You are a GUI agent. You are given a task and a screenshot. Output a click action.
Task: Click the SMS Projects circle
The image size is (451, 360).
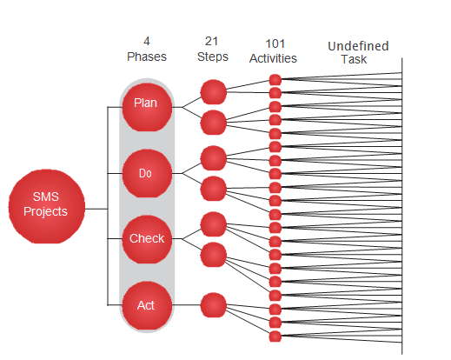46,206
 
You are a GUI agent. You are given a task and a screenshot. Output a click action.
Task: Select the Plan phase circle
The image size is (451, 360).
147,107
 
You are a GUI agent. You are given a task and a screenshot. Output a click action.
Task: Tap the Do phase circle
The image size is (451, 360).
147,173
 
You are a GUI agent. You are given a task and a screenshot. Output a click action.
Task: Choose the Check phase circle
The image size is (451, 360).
147,239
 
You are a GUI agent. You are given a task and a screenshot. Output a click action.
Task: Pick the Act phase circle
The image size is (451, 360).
147,305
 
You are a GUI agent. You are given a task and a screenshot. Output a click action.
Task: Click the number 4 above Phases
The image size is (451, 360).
147,41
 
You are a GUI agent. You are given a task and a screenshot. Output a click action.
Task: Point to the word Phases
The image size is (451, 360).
147,57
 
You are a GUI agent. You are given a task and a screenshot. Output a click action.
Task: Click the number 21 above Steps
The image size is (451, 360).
211,41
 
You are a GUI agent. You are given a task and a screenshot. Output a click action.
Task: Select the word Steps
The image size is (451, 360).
213,57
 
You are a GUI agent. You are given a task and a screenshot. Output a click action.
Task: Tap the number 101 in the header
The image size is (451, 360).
275,44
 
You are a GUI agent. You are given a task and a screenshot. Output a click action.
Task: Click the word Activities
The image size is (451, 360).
273,58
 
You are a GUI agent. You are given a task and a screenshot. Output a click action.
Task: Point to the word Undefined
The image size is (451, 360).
358,46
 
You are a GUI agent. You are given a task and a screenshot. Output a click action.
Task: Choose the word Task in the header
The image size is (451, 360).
354,59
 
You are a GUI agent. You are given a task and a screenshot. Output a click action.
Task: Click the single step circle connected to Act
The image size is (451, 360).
213,305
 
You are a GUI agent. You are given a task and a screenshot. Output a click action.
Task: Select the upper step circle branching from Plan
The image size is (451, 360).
213,92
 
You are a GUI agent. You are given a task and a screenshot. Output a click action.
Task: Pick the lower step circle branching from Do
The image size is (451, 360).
213,189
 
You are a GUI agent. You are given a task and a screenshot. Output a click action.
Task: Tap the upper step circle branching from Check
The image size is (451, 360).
213,224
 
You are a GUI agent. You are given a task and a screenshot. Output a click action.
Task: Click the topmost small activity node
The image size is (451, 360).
275,80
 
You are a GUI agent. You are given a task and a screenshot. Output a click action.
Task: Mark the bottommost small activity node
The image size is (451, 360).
275,337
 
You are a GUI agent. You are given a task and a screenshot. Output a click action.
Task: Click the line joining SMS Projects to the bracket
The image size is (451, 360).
96,209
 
